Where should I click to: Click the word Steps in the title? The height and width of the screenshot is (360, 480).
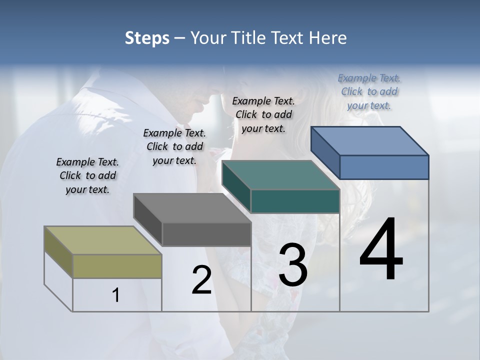[146, 38]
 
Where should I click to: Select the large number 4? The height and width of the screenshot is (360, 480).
[381, 250]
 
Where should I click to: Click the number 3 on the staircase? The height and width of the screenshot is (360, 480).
[292, 265]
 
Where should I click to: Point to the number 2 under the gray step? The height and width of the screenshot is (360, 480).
[201, 280]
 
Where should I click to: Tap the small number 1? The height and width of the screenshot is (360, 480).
[116, 295]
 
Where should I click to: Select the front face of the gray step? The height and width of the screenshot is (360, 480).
[206, 234]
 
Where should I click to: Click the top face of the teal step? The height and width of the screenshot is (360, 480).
[280, 175]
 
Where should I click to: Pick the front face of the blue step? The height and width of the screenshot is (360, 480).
[384, 167]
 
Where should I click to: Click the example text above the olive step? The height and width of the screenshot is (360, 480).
[87, 176]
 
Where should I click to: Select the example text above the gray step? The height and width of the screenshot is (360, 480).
[174, 146]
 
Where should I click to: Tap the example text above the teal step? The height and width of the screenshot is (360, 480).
[263, 114]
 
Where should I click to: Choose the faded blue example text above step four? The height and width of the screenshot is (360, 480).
[369, 91]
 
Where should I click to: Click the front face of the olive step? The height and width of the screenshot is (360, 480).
[117, 266]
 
